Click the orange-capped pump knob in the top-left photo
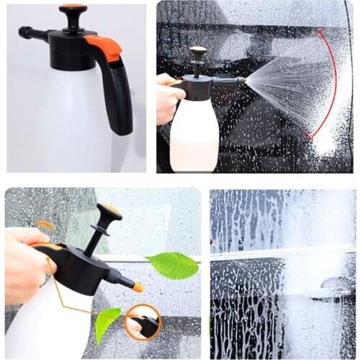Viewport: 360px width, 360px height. click(73, 9)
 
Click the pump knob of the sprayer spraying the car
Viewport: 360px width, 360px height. click(198, 52)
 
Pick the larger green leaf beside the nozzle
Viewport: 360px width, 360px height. click(173, 265)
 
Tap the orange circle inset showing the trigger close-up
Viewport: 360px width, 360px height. click(143, 322)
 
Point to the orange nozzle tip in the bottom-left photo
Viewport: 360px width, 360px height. click(137, 287)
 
